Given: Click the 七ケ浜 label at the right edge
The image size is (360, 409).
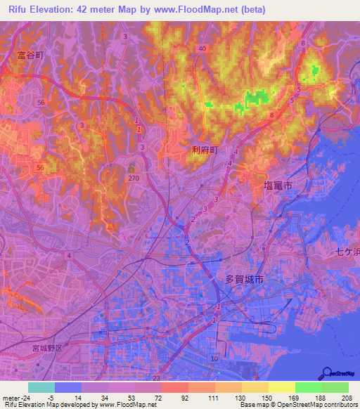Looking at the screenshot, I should (x=347, y=251).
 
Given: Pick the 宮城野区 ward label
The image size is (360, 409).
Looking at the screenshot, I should (x=47, y=348).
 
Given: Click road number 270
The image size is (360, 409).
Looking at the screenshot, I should (x=134, y=178).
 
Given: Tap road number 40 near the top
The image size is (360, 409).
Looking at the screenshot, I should (x=202, y=48).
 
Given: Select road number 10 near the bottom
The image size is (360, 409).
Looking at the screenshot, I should (x=214, y=359).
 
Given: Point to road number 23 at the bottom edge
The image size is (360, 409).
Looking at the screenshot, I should (x=155, y=378).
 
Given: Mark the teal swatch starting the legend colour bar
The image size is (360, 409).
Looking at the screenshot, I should (x=41, y=387).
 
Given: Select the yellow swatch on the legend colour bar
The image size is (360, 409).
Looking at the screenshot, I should (x=281, y=387).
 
